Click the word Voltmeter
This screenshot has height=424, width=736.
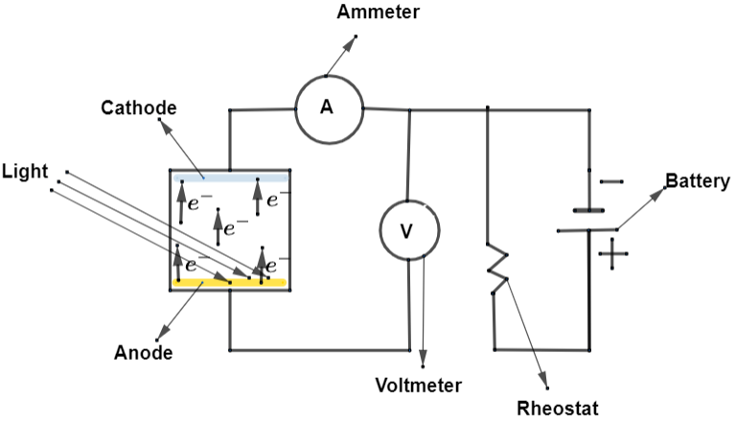418,386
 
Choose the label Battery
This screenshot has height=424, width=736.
698,180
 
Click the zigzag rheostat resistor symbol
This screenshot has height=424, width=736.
497,269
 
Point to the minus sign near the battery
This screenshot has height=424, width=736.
609,180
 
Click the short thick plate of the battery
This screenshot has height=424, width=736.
588,209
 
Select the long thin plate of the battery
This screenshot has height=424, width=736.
586,230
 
